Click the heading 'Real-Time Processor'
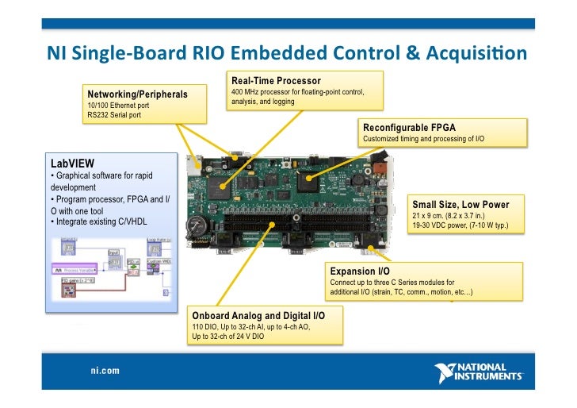[x=276, y=81]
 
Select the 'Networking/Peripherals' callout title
[x=137, y=94]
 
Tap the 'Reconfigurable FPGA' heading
[x=409, y=128]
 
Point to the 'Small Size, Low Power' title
[x=460, y=205]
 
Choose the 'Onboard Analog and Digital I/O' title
[x=258, y=315]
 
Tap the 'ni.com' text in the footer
[x=105, y=370]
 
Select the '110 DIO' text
[x=205, y=326]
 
